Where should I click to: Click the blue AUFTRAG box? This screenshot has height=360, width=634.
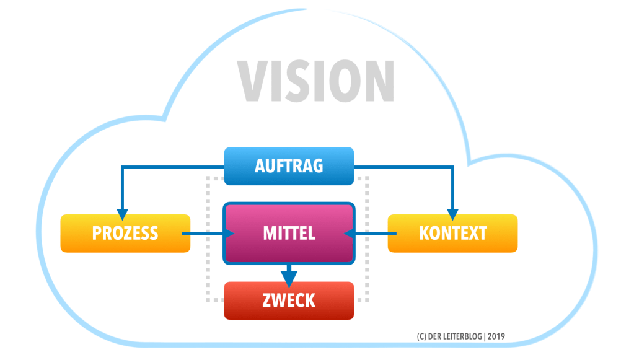(x=288, y=166)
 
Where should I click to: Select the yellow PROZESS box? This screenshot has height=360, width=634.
(x=125, y=234)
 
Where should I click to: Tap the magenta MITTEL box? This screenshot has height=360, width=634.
(x=289, y=234)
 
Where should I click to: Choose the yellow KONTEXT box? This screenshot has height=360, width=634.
(x=452, y=234)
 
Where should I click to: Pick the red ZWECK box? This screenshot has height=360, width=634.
(x=289, y=301)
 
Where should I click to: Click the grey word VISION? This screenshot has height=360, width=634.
(x=316, y=81)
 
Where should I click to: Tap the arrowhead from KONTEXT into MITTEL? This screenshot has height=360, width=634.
(x=348, y=234)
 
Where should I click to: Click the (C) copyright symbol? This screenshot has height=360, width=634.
(x=421, y=336)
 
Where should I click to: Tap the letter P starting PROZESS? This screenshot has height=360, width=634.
(x=97, y=234)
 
